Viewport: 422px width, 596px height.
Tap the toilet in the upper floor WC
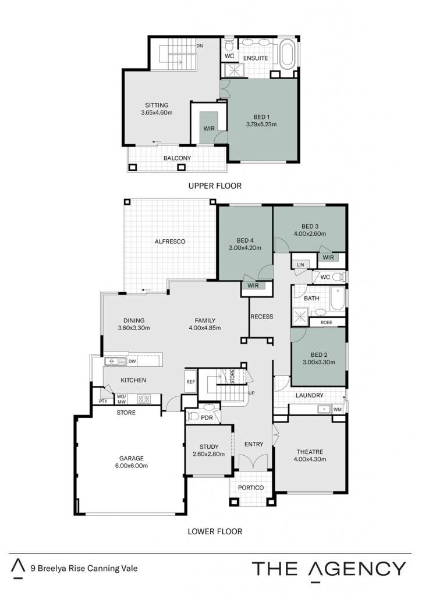pyautogui.click(x=229, y=45)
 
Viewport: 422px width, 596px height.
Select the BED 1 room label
pyautogui.click(x=261, y=117)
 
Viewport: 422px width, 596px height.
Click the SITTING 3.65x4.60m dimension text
pyautogui.click(x=157, y=112)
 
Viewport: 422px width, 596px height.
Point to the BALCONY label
pyautogui.click(x=177, y=158)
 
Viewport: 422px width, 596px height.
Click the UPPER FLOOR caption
pyautogui.click(x=215, y=186)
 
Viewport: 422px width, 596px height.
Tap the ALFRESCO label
pyautogui.click(x=170, y=242)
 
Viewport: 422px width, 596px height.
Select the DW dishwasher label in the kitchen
pyautogui.click(x=132, y=361)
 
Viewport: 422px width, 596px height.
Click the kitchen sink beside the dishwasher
pyautogui.click(x=115, y=361)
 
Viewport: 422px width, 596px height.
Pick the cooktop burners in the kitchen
pyautogui.click(x=144, y=399)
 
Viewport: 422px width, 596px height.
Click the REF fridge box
pyautogui.click(x=190, y=381)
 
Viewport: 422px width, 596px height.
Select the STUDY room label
pyautogui.click(x=209, y=446)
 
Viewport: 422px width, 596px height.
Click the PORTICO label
pyautogui.click(x=251, y=488)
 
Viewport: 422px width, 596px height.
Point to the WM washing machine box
pyautogui.click(x=337, y=409)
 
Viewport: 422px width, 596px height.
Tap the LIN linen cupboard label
pyautogui.click(x=301, y=265)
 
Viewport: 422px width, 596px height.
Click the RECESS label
pyautogui.click(x=262, y=316)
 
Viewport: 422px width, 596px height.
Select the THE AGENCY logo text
pyautogui.click(x=329, y=569)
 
